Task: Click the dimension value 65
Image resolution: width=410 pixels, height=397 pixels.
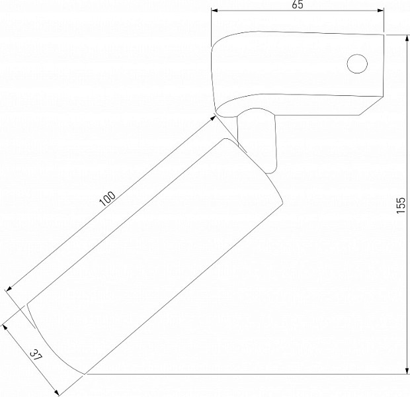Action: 298,5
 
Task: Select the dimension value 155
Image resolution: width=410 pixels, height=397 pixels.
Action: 401,205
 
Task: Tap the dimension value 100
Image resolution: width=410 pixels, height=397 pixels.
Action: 108,199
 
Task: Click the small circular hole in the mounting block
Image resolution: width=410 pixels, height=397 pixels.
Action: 357,64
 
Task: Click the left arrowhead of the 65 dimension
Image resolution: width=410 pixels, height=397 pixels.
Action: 214,11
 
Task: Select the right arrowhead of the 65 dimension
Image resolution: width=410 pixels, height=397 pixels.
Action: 380,11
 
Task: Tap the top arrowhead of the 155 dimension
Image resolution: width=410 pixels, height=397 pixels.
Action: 407,38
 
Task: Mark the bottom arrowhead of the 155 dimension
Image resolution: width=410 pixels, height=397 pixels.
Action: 407,371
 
